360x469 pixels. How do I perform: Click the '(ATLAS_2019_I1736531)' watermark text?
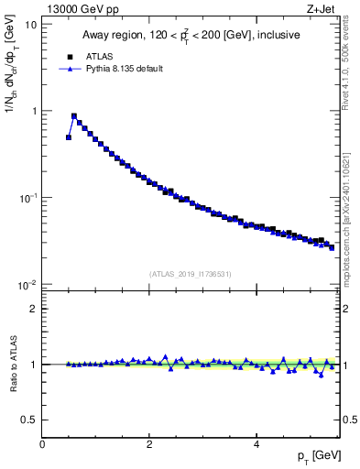(x=191, y=274)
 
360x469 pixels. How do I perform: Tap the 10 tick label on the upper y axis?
(x=31, y=25)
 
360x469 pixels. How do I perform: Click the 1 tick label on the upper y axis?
(x=34, y=111)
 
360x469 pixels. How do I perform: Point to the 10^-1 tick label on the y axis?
(x=28, y=197)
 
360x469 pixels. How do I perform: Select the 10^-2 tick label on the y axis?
(x=28, y=284)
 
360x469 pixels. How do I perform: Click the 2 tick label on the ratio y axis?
(x=34, y=309)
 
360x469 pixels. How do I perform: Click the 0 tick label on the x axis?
(x=42, y=443)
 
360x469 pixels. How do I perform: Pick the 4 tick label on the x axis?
(x=256, y=443)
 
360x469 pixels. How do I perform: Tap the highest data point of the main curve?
(x=74, y=116)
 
